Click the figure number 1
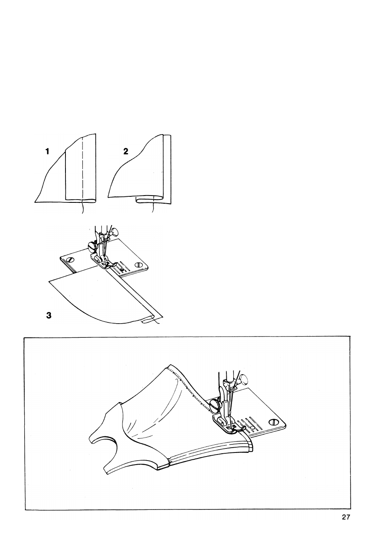[x=48, y=152]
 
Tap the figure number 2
[x=126, y=152]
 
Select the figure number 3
[x=49, y=316]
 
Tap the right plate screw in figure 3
[x=139, y=264]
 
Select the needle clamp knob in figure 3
[x=115, y=232]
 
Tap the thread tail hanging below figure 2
[x=153, y=206]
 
